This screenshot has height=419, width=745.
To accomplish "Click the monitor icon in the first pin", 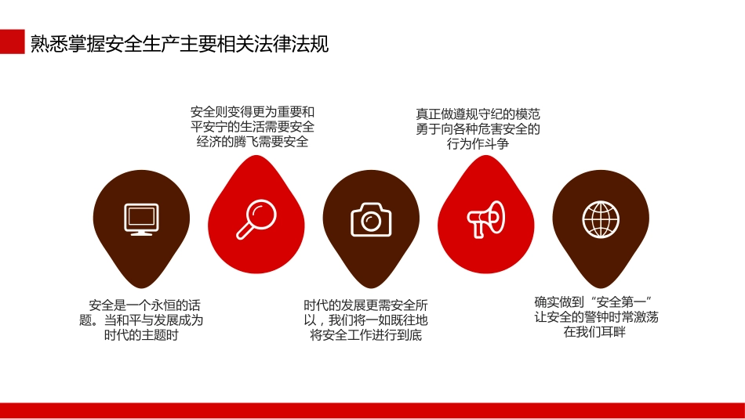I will tap(141, 219).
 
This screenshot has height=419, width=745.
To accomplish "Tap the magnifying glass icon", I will tap(256, 219).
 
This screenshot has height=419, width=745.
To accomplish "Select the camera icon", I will tap(371, 219).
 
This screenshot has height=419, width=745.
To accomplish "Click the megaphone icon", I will tap(486, 219).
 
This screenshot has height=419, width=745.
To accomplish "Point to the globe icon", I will tap(601, 219).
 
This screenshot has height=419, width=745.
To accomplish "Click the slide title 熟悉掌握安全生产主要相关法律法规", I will tap(180, 44).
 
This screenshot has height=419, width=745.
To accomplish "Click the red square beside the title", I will tap(12, 42).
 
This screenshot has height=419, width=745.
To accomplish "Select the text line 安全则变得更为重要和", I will tap(253, 112).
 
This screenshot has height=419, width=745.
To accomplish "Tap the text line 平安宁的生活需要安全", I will tap(253, 127).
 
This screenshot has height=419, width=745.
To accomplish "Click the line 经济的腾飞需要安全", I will tap(253, 142).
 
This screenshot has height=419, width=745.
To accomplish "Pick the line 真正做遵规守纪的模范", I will tap(478, 114).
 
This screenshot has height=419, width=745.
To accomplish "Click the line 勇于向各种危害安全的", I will tap(478, 129).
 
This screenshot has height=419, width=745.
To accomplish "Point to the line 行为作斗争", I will tap(478, 144).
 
